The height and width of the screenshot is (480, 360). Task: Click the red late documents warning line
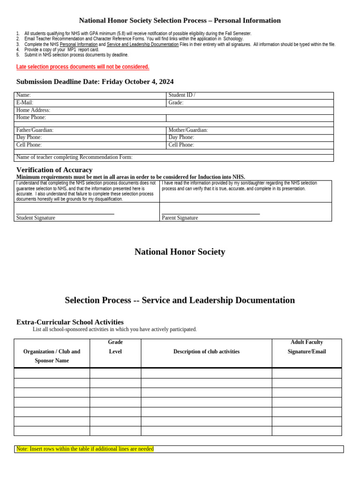click(82, 67)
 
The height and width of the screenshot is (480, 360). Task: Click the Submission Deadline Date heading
click(95, 82)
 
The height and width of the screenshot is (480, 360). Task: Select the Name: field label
click(23, 95)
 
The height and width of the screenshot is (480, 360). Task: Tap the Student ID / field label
click(182, 95)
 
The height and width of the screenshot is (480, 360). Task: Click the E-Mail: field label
click(25, 103)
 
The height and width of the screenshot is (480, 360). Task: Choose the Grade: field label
click(176, 103)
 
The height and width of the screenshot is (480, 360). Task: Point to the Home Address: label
click(33, 110)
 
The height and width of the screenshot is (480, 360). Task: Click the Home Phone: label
click(31, 118)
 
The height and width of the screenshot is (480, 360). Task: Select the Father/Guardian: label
click(35, 130)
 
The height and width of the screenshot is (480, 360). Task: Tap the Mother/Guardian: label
click(188, 130)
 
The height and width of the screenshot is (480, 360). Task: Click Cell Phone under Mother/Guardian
click(181, 145)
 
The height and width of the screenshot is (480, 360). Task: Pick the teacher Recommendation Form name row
click(74, 157)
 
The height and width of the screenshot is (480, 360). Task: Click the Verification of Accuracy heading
click(54, 170)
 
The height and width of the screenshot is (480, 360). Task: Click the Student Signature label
click(36, 217)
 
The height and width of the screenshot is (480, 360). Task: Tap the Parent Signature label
click(180, 217)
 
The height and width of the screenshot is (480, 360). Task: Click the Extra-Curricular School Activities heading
click(70, 322)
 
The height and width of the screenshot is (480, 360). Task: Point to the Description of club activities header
click(206, 352)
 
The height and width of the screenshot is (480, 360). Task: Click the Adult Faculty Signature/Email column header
click(307, 347)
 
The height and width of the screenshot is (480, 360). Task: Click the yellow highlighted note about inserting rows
click(85, 449)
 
